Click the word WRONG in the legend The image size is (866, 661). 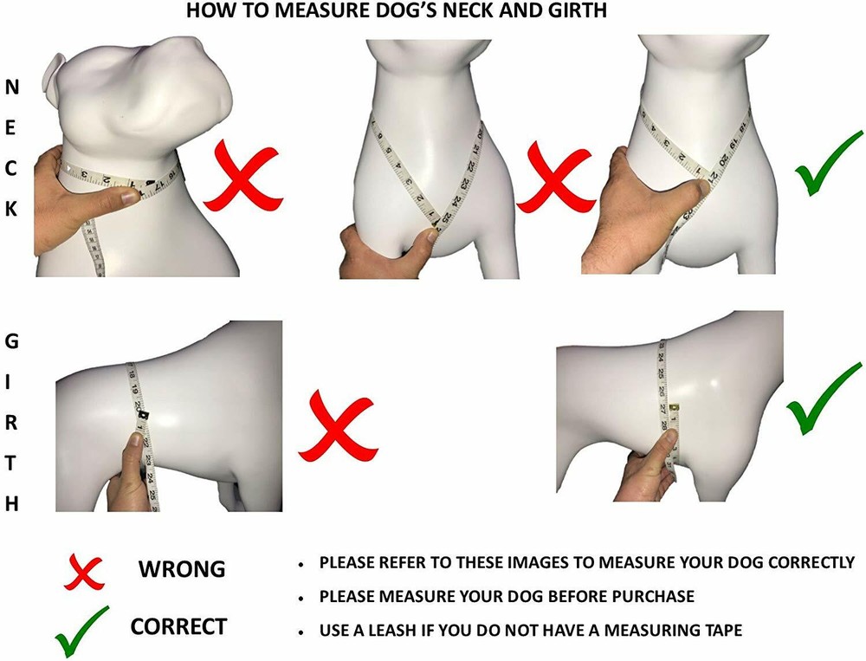pyautogui.click(x=182, y=569)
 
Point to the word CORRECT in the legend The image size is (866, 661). pyautogui.click(x=178, y=626)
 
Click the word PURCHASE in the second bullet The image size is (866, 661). pyautogui.click(x=651, y=597)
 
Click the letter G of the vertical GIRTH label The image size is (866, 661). pyautogui.click(x=12, y=341)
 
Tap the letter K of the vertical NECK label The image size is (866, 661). pyautogui.click(x=12, y=209)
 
